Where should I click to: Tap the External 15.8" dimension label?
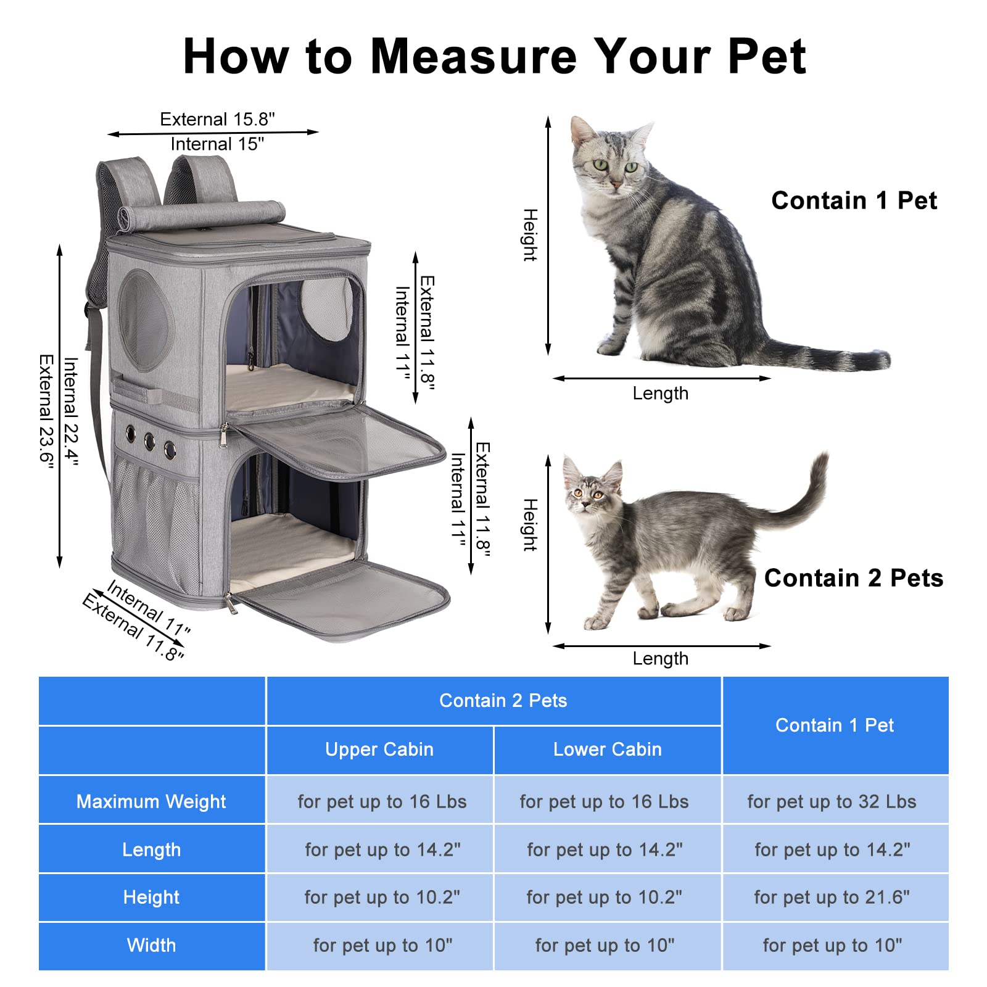(x=217, y=119)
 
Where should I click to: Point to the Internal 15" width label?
(x=217, y=144)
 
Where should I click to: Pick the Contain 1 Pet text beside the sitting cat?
(x=854, y=200)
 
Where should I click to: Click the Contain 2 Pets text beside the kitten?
(x=854, y=578)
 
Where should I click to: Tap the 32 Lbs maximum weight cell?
(x=832, y=801)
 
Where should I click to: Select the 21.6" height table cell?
(x=832, y=897)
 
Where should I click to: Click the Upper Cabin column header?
(x=379, y=749)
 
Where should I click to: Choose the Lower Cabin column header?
(x=607, y=749)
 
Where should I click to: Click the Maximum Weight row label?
(x=151, y=801)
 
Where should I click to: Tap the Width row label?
(x=151, y=945)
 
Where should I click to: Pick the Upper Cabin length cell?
(x=382, y=849)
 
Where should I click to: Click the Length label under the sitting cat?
(x=660, y=393)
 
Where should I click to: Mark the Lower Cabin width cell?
(x=605, y=945)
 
